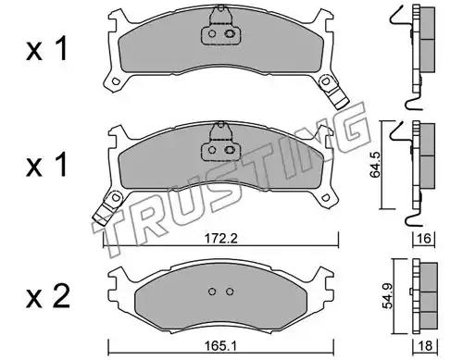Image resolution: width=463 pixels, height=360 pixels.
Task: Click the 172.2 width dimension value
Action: (221, 238)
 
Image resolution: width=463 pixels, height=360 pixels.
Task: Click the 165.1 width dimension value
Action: (221, 346)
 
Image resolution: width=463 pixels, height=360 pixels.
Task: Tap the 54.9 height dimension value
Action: (387, 296)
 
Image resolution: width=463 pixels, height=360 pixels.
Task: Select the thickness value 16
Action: (424, 238)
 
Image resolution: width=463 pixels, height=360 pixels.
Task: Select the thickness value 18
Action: (426, 346)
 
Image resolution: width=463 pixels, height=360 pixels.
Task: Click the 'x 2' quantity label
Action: (48, 297)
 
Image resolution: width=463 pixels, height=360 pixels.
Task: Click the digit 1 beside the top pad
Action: (61, 49)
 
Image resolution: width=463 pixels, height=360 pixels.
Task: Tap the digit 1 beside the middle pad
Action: (61, 165)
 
